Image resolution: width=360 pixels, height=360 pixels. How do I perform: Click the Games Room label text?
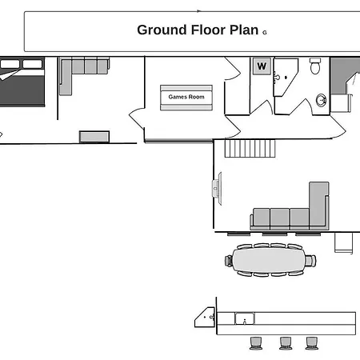pyautogui.click(x=186, y=97)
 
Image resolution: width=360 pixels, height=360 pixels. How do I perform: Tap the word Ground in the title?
pyautogui.click(x=162, y=30)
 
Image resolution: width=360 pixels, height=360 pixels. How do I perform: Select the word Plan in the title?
pyautogui.click(x=244, y=30)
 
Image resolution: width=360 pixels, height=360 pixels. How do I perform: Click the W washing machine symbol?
pyautogui.click(x=262, y=66)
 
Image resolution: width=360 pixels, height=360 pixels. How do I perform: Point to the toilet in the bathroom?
pyautogui.click(x=315, y=66)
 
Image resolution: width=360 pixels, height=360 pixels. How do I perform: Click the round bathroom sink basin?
pyautogui.click(x=321, y=100)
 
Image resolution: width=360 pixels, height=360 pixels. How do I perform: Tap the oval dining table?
pyautogui.click(x=268, y=260)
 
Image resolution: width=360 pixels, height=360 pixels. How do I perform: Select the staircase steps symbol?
pyautogui.click(x=250, y=149)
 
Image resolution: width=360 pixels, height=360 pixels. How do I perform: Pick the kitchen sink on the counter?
pyautogui.click(x=245, y=318)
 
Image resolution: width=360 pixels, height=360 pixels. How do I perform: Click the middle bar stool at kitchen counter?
pyautogui.click(x=286, y=343)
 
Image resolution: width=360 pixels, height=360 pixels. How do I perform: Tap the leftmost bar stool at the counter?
pyautogui.click(x=256, y=343)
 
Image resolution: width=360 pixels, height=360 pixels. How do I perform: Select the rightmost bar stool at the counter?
pyautogui.click(x=311, y=343)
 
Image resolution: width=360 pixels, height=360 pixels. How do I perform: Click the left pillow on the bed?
pyautogui.click(x=10, y=64)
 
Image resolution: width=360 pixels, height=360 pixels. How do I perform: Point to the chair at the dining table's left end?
pyautogui.click(x=229, y=261)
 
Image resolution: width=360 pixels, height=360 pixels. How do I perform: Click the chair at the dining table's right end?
pyautogui.click(x=310, y=261)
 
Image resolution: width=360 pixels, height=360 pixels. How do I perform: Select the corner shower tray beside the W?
pyautogui.click(x=285, y=78)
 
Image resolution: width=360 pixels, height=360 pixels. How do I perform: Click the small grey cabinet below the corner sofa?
pyautogui.click(x=94, y=137)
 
